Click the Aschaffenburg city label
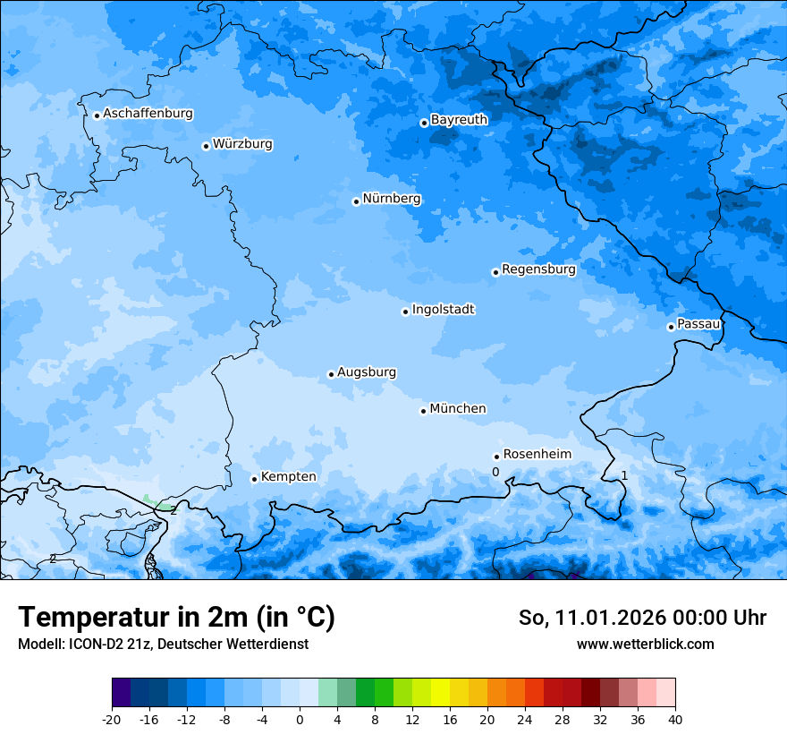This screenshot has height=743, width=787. [x=148, y=114]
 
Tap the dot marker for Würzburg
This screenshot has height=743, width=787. [x=206, y=146]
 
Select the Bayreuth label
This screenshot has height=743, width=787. [x=459, y=119]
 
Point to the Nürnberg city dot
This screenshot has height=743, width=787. [x=356, y=201]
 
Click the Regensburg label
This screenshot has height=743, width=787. [x=538, y=269]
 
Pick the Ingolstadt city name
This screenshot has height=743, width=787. [x=443, y=309]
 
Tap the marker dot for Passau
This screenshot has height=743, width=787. [x=671, y=327]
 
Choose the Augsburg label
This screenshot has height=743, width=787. [x=367, y=371]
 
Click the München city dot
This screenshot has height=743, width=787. [x=423, y=411]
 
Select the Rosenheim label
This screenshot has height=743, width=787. [x=537, y=454]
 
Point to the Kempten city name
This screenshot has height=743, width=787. [x=288, y=476]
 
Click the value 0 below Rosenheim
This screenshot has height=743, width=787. [x=495, y=472]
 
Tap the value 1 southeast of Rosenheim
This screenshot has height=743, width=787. [x=624, y=475]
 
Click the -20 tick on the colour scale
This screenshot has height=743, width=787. [x=112, y=719]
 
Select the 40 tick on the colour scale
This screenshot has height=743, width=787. [x=674, y=719]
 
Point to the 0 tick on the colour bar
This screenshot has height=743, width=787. [x=300, y=719]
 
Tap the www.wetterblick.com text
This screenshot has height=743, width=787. [x=645, y=644]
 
